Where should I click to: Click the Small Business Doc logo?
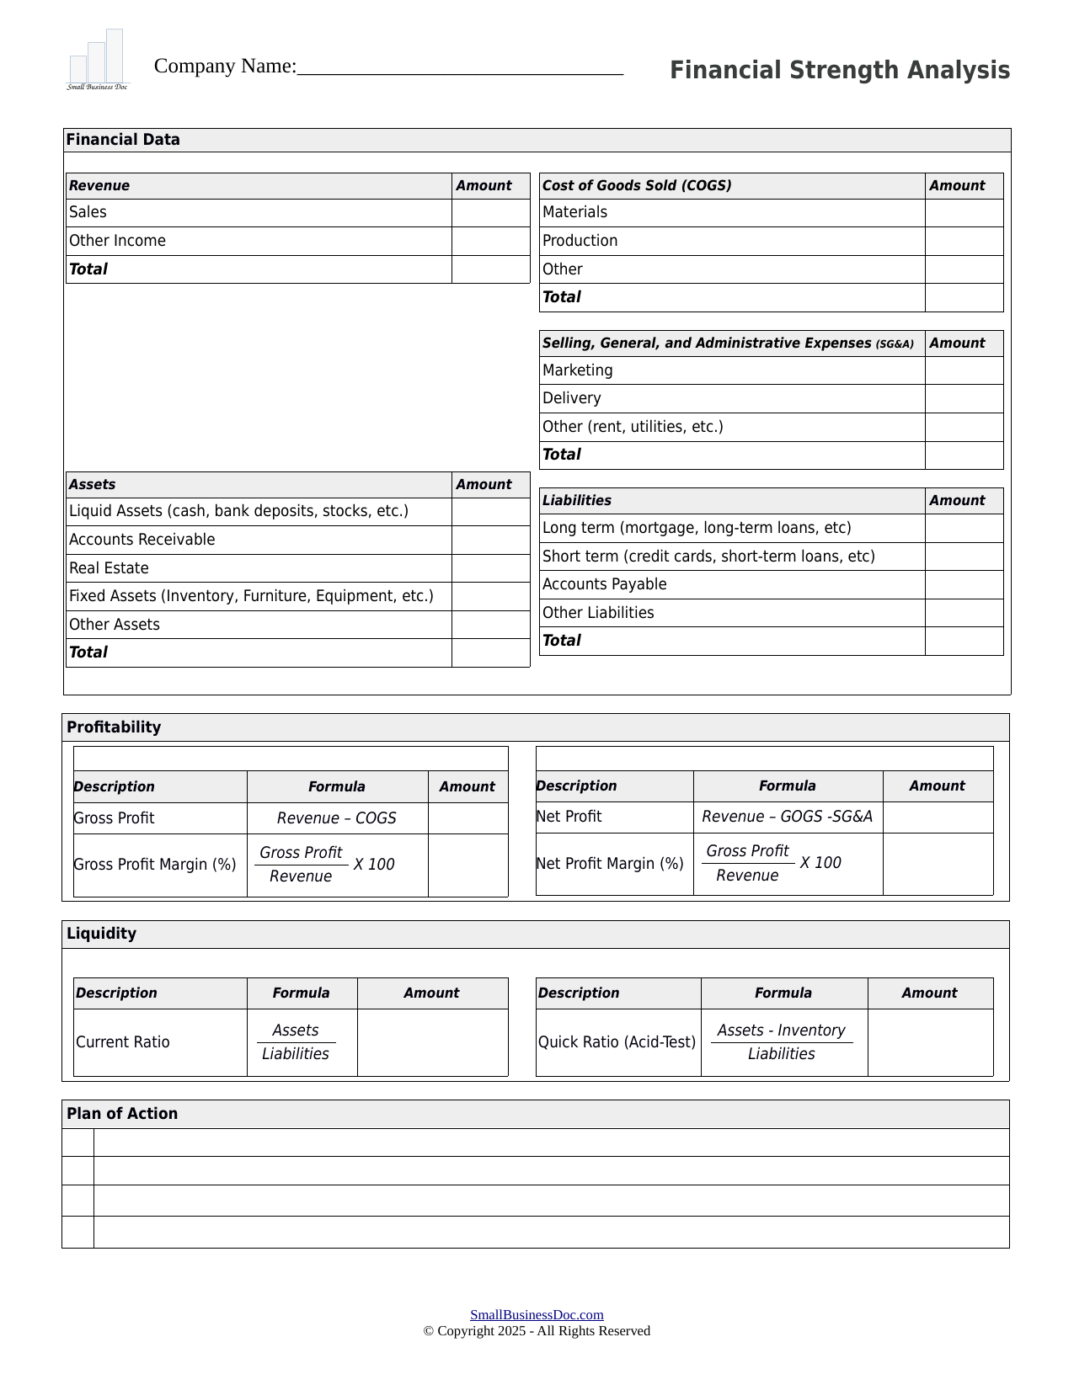click(98, 60)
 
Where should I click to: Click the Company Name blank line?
click(460, 67)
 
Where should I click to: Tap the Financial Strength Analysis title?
click(839, 70)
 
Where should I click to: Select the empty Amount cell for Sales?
click(490, 213)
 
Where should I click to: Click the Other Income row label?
click(117, 241)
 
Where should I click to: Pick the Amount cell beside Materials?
click(964, 213)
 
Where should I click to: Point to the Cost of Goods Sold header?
click(637, 186)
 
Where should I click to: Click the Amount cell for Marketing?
click(964, 370)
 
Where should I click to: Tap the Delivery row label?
click(571, 398)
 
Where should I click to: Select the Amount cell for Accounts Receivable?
click(490, 540)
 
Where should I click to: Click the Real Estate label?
click(109, 568)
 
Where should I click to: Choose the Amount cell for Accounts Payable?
click(964, 584)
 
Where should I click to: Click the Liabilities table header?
click(577, 501)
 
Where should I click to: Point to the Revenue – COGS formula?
click(336, 818)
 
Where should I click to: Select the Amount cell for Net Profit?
click(937, 817)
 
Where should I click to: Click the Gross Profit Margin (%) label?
click(155, 865)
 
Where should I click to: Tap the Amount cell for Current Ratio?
click(432, 1042)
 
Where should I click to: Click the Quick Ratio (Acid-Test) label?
click(617, 1042)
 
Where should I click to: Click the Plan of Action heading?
click(122, 1114)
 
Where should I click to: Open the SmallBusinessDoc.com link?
click(537, 1315)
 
